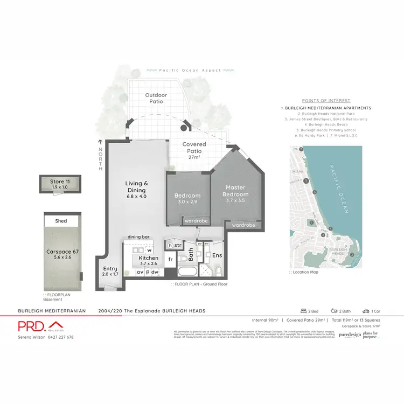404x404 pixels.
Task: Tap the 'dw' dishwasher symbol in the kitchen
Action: pos(155,272)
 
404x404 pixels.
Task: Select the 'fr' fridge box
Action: pos(171,259)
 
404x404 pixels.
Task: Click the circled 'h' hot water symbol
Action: pos(170,246)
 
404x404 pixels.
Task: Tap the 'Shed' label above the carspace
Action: pos(61,221)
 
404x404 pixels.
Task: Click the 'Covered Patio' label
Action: pos(194,148)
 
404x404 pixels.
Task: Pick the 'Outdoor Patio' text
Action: pos(156,99)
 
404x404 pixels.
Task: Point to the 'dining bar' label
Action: pos(138,237)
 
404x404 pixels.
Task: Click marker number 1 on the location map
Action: pos(306,182)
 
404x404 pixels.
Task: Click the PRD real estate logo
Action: pos(39,326)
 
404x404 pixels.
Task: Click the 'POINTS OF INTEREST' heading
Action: pos(326,101)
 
